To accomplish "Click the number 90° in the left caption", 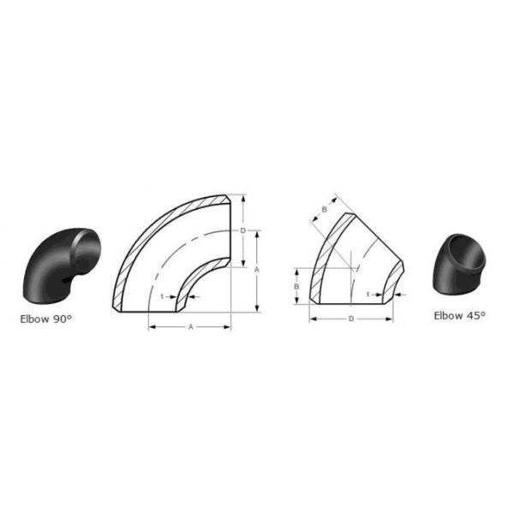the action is tap(62, 319).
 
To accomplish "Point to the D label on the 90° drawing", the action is tap(243, 230).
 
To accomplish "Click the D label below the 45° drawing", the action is tap(351, 319).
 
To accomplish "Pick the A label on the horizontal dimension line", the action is tap(191, 327).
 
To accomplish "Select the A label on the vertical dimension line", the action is tap(257, 270).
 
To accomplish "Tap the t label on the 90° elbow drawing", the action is tap(162, 296).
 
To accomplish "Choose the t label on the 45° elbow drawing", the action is tap(368, 295).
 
